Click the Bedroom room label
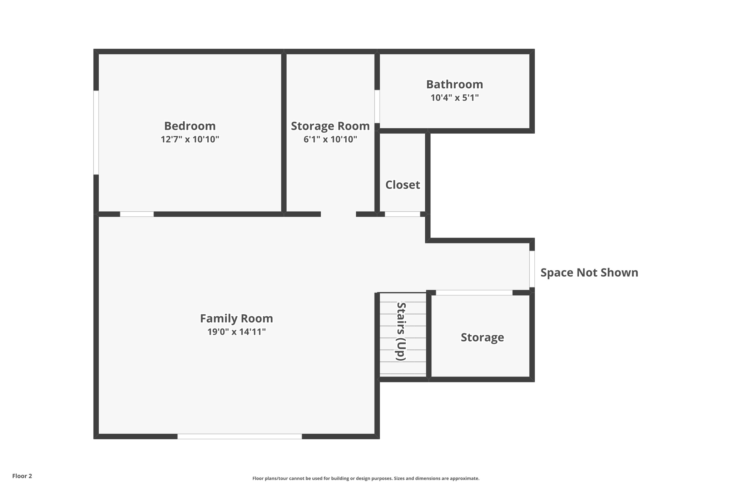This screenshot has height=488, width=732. point(190,126)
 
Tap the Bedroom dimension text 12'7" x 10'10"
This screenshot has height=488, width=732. point(190,139)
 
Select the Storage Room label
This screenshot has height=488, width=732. point(330,126)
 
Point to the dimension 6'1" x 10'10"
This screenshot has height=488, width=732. point(330,139)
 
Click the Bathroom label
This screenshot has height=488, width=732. point(454,84)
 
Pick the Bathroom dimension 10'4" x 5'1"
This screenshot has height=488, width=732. point(454,98)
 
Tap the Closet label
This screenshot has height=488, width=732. point(402,185)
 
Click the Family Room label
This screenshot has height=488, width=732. point(236,318)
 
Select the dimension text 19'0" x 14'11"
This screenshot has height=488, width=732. point(236,332)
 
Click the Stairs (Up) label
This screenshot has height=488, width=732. point(401,331)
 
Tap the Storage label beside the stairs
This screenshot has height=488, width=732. point(482,337)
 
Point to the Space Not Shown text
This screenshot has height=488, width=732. point(589,272)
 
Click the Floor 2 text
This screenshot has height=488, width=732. point(22,476)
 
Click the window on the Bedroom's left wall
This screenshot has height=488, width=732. point(96,132)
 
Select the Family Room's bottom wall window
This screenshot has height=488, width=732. point(239,436)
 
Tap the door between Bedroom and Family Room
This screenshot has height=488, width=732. point(137,214)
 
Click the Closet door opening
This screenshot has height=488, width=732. point(402,214)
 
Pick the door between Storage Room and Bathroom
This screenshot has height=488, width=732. point(377,106)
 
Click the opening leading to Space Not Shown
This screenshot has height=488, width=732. point(532,269)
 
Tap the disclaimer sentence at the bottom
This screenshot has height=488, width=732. point(366,478)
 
